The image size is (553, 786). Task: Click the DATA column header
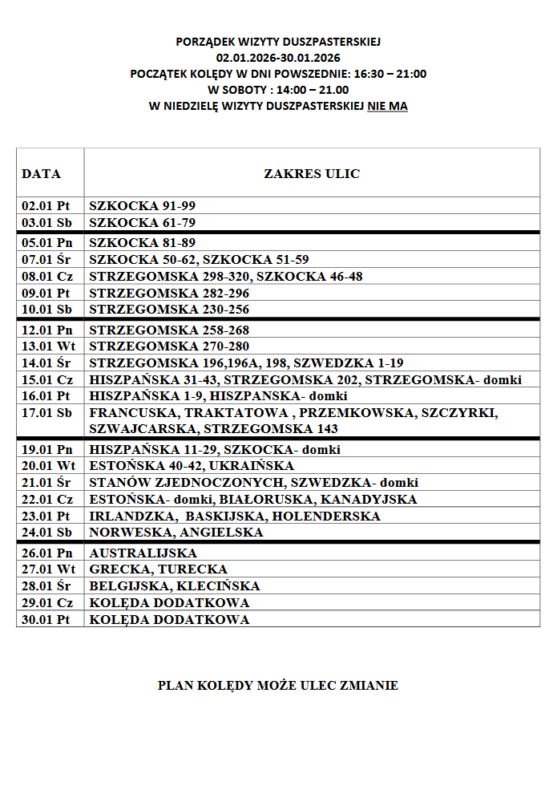(41, 173)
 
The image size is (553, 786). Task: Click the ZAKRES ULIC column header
(312, 173)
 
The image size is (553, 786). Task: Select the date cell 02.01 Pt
(46, 206)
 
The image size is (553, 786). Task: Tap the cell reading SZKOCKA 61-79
(142, 223)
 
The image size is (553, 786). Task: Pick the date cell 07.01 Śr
(46, 260)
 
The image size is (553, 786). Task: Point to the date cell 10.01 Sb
(46, 310)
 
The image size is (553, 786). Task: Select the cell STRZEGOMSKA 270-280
(169, 346)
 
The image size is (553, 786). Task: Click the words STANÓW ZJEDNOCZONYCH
(186, 483)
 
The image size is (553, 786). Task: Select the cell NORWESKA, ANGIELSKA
(176, 533)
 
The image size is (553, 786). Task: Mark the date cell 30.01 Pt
(46, 620)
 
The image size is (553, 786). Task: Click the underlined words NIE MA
(387, 106)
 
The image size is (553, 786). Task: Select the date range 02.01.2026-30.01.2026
(278, 58)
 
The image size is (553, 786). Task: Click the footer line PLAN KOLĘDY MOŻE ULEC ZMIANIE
(277, 686)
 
